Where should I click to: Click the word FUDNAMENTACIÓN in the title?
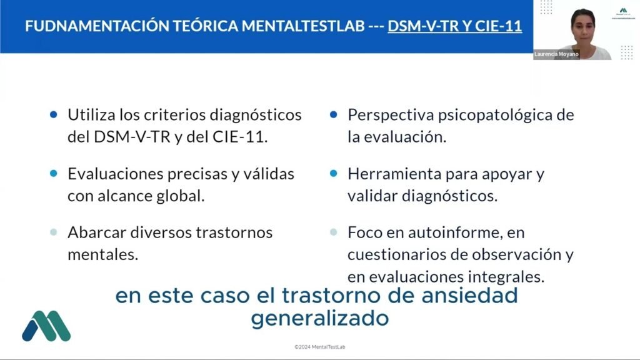(x=96, y=26)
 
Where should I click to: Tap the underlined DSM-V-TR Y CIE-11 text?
(x=455, y=26)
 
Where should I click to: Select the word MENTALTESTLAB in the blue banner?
(x=303, y=26)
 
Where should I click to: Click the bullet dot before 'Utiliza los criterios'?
(x=54, y=115)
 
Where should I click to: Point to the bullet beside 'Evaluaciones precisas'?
(x=54, y=174)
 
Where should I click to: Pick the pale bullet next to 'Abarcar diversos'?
(x=54, y=232)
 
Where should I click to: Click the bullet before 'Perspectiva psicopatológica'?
(x=334, y=115)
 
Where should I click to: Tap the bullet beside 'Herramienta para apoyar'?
(x=334, y=174)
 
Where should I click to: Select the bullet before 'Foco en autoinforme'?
(x=334, y=232)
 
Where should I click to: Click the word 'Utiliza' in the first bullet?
(x=91, y=115)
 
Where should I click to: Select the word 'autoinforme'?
(x=455, y=232)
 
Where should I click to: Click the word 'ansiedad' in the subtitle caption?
(x=469, y=295)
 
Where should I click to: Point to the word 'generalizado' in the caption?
(x=320, y=318)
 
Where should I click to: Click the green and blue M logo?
(x=46, y=326)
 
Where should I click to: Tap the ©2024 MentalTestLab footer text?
(x=320, y=347)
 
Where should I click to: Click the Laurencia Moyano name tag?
(x=556, y=54)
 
